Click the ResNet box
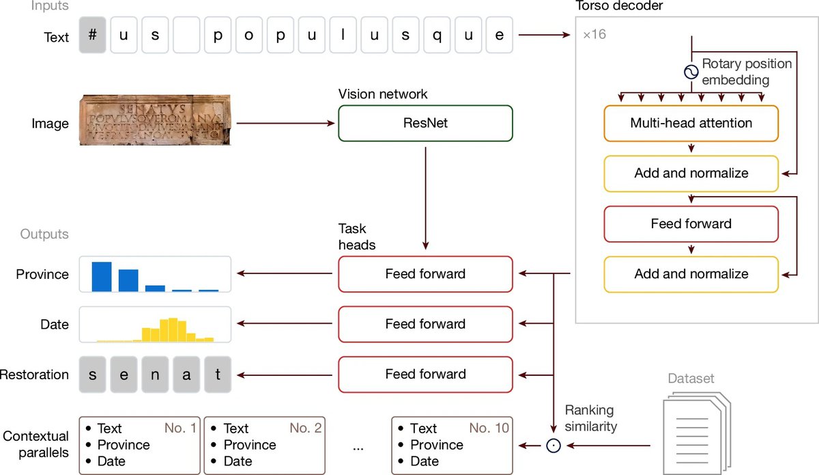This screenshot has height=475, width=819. tap(425, 123)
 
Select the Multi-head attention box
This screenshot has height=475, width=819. tap(691, 124)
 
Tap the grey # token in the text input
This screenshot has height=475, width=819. tap(92, 35)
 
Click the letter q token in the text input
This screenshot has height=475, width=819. tap(437, 35)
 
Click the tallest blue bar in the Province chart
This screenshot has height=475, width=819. tap(102, 276)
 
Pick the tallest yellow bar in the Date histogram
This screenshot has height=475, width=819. tap(173, 329)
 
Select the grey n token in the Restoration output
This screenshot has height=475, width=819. tap(155, 374)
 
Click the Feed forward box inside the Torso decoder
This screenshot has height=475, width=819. tap(691, 223)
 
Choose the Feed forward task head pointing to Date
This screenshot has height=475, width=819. tap(425, 324)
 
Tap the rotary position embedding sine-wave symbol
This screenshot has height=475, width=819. tap(691, 71)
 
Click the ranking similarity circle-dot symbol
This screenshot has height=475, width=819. tap(553, 446)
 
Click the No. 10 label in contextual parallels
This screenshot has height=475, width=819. tap(489, 429)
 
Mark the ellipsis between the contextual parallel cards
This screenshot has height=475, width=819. tap(359, 448)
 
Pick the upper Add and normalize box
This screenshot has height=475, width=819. tap(691, 174)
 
